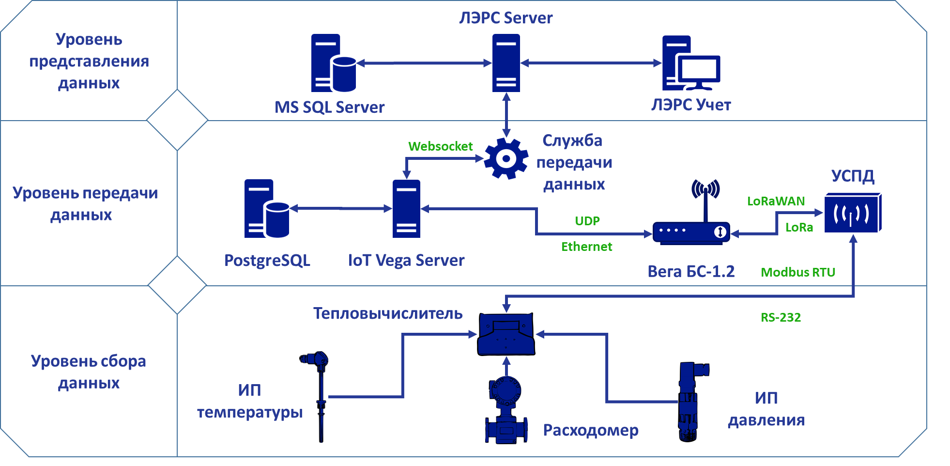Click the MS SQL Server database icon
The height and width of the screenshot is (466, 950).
(x=333, y=63)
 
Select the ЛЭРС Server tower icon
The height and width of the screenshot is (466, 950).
(x=506, y=63)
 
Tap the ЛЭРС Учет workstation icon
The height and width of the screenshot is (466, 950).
(x=691, y=63)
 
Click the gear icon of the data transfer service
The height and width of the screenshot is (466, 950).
(x=506, y=158)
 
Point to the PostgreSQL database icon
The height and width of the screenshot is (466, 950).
(x=266, y=209)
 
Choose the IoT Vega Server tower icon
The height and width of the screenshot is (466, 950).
(x=406, y=209)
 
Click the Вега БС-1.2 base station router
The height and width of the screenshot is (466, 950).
(x=690, y=233)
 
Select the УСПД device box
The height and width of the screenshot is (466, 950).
(x=853, y=213)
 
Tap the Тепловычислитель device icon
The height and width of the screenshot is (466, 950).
(x=506, y=334)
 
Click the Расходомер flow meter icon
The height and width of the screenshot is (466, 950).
(x=506, y=412)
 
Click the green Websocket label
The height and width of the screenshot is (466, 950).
(x=440, y=146)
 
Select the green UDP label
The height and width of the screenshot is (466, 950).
(x=587, y=221)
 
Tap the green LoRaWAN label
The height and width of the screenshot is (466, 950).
(x=776, y=201)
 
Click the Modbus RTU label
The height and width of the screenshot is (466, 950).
(x=798, y=272)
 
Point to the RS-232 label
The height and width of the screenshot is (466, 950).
(x=781, y=317)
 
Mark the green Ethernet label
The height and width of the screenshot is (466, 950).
(x=586, y=247)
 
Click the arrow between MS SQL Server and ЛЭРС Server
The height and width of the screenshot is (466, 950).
(x=424, y=63)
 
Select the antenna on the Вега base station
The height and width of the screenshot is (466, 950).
(x=705, y=194)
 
